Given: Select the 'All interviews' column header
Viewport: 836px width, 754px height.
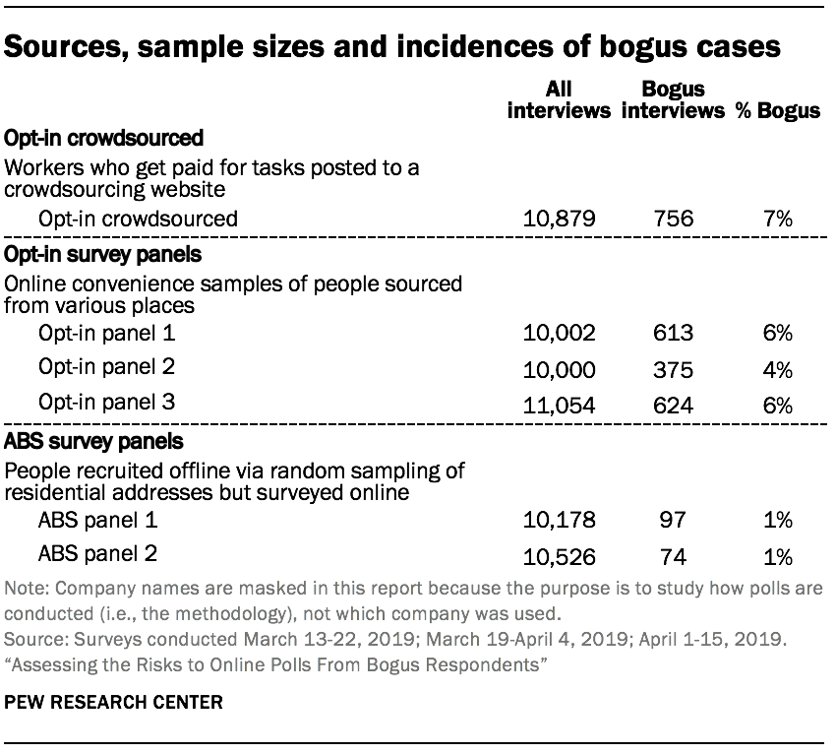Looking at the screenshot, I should pyautogui.click(x=559, y=99).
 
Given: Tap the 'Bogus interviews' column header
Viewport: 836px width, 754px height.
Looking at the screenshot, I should pyautogui.click(x=673, y=99).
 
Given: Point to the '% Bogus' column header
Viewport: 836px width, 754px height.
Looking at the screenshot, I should pyautogui.click(x=778, y=110).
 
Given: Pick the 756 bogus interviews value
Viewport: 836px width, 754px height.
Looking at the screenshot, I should pyautogui.click(x=673, y=218).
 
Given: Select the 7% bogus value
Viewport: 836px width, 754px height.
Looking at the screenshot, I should pyautogui.click(x=778, y=218).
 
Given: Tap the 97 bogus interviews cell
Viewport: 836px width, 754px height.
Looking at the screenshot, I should pyautogui.click(x=673, y=519).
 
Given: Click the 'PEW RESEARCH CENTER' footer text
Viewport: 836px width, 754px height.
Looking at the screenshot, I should pyautogui.click(x=113, y=703).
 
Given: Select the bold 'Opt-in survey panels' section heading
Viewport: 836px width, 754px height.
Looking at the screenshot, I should pyautogui.click(x=103, y=254).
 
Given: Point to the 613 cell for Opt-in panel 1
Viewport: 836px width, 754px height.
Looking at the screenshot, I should pyautogui.click(x=673, y=333).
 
